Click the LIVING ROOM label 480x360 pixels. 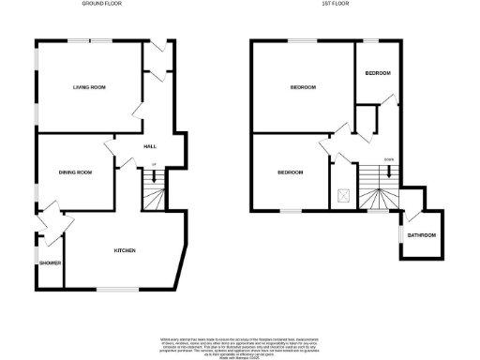(x=89, y=87)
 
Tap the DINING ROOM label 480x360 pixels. (x=76, y=172)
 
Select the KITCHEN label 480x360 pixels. (x=125, y=250)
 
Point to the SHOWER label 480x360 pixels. (x=50, y=262)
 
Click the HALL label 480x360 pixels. (x=149, y=147)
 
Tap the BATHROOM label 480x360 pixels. (x=421, y=234)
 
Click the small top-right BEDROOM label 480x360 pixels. (x=377, y=73)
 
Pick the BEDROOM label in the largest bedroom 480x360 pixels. (x=302, y=87)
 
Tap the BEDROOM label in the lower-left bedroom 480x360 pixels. (x=290, y=172)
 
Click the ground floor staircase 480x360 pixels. (x=153, y=197)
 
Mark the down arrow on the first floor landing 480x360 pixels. (x=389, y=170)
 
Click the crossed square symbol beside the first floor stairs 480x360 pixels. (x=344, y=196)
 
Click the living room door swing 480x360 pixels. (x=137, y=111)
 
